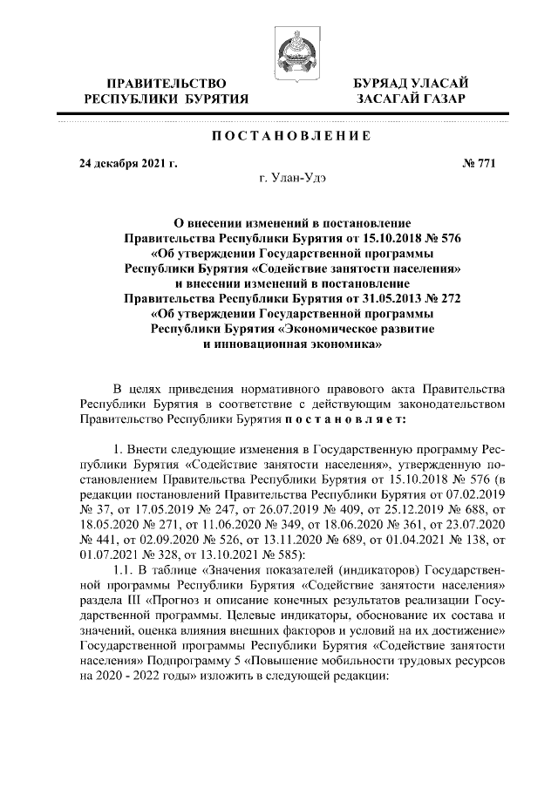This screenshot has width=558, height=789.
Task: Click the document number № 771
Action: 479,163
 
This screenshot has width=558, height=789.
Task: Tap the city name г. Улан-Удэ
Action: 295,180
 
